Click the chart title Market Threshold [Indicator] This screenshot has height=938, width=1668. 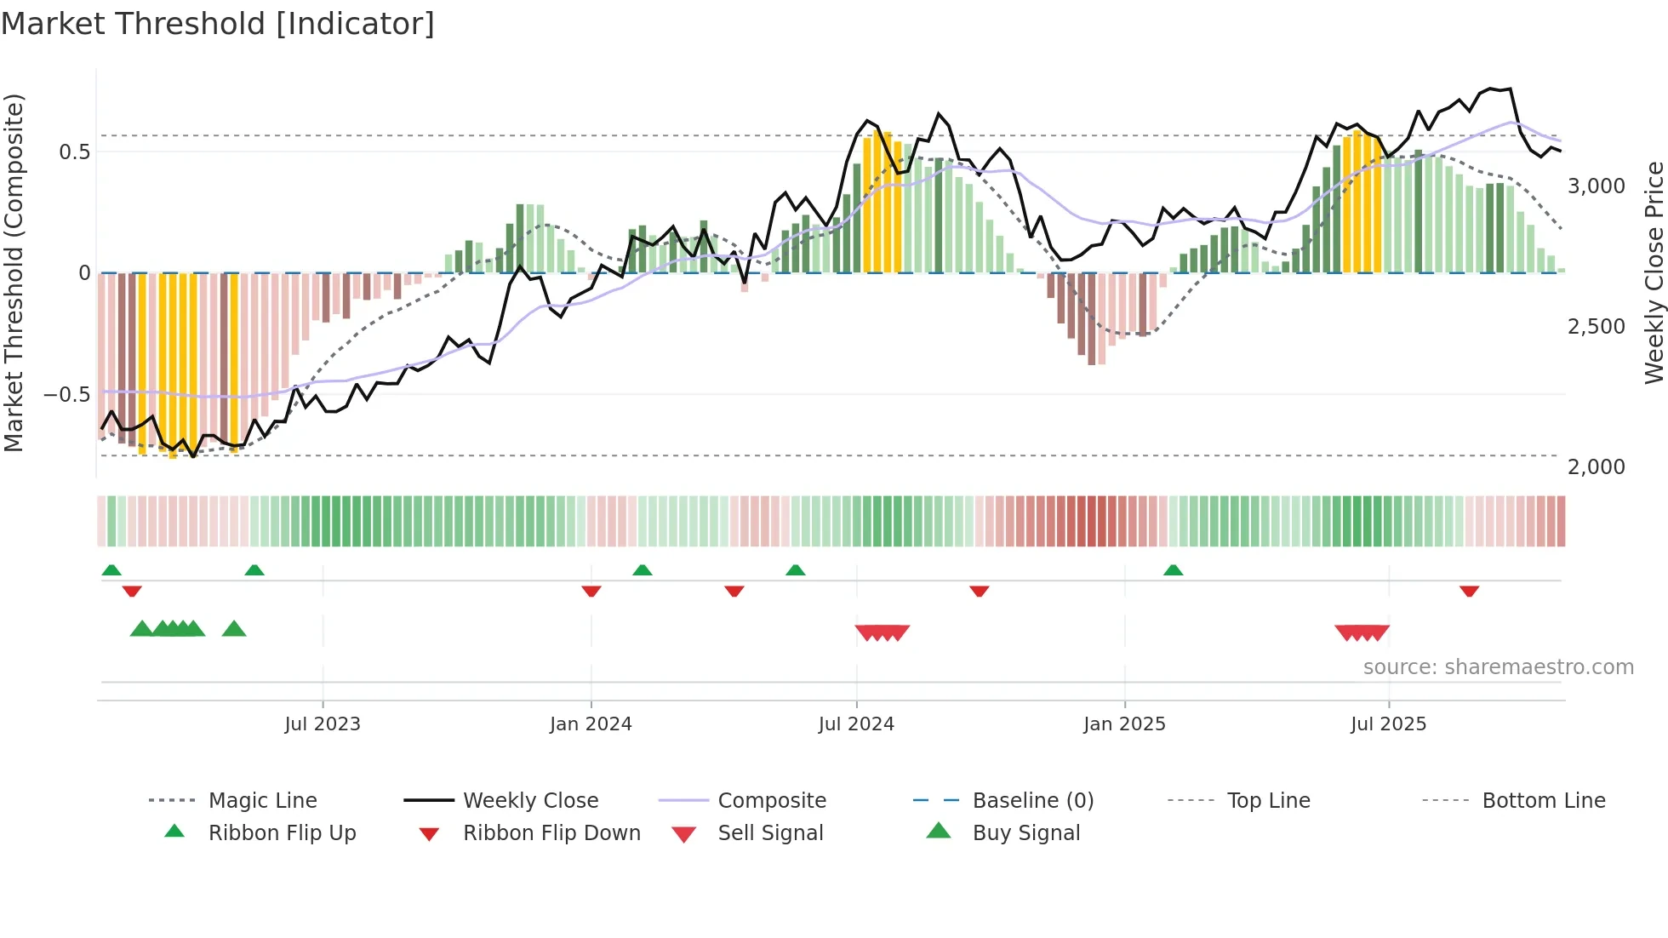[x=218, y=24]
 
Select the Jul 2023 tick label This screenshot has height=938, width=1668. [x=323, y=724]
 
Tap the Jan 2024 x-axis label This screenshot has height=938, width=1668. [x=591, y=724]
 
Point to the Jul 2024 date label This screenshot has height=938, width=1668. [x=856, y=724]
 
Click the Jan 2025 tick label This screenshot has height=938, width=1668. [x=1124, y=724]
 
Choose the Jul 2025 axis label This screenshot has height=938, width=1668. [x=1388, y=724]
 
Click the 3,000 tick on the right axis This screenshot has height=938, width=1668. [x=1596, y=186]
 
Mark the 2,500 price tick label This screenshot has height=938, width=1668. [x=1596, y=327]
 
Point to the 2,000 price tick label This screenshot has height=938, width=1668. [x=1596, y=467]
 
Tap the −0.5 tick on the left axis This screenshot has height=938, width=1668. [x=66, y=395]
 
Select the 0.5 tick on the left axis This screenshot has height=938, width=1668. [x=74, y=152]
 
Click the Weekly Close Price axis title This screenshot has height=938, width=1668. [x=1654, y=272]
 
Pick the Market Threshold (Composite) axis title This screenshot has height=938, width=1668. [x=14, y=272]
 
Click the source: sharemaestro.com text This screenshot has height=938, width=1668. [x=1498, y=667]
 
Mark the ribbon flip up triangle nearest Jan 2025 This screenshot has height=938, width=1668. [x=1173, y=570]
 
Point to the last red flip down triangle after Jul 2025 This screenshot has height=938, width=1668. [x=1469, y=591]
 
